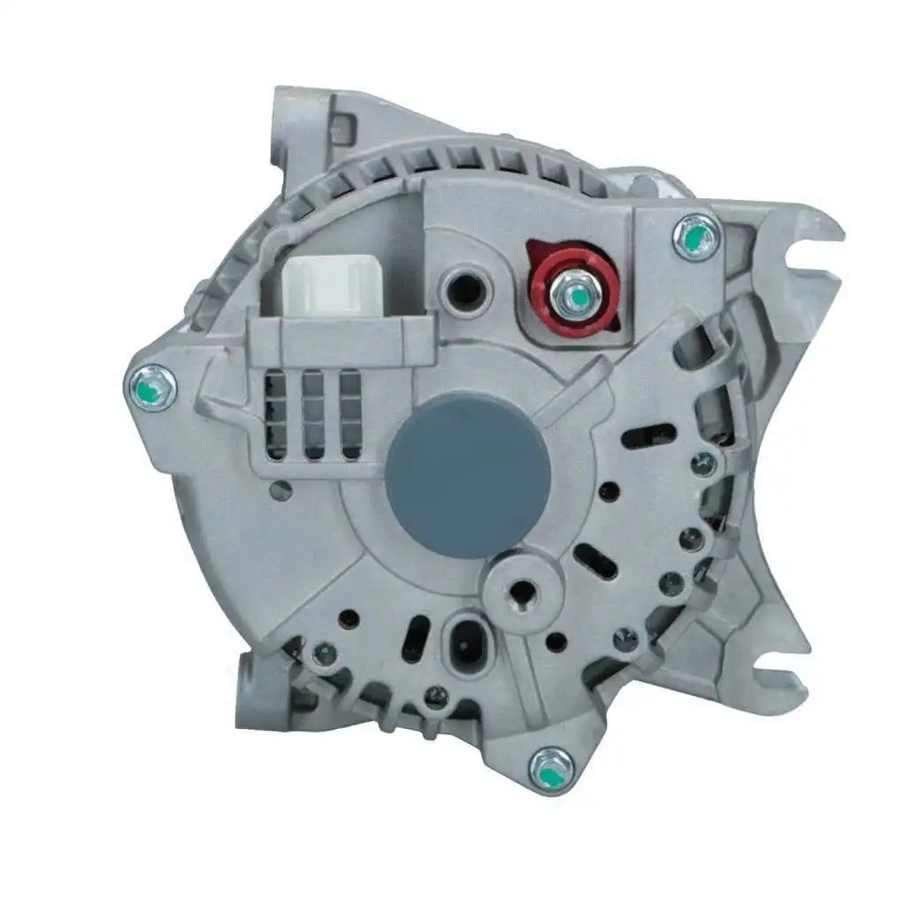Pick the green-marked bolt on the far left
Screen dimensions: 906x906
click(151, 388)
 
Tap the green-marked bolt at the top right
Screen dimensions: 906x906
click(695, 236)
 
